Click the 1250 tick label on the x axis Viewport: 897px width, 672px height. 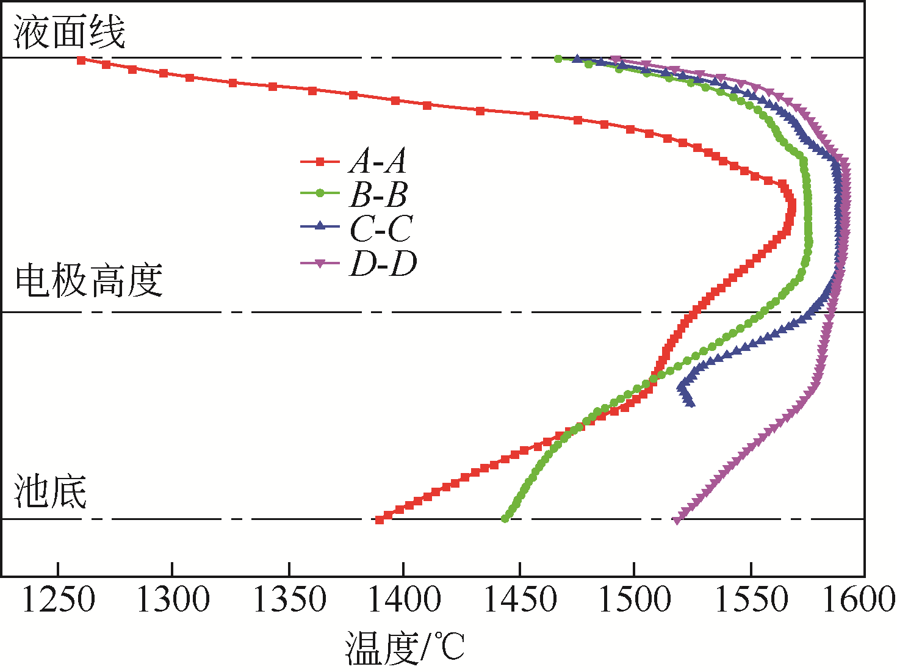point(58,600)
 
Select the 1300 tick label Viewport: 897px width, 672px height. point(173,600)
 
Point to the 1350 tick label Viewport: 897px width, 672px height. point(289,600)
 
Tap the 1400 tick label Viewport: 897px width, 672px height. point(404,600)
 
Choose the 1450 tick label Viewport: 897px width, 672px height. point(519,600)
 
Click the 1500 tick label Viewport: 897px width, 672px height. point(635,600)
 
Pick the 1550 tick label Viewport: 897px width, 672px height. point(750,600)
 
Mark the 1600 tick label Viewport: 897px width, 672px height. point(859,600)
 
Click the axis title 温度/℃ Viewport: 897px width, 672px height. point(405,648)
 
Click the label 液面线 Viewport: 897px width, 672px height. point(69,32)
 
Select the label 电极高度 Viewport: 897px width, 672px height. point(89,281)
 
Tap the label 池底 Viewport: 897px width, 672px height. point(51,492)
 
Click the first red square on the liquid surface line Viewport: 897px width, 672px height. point(81,60)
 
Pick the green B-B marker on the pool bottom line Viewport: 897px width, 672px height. point(505,519)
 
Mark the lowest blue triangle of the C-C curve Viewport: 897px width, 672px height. point(690,403)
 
